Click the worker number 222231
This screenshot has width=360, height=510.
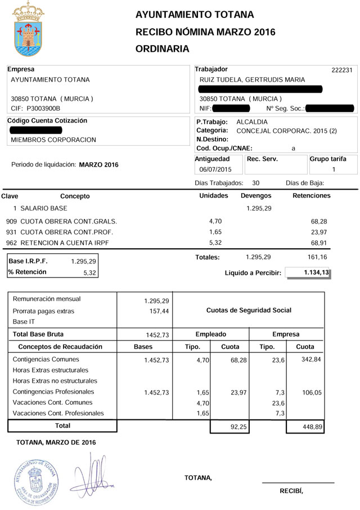point(342,70)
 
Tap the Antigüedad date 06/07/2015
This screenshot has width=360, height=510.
point(215,169)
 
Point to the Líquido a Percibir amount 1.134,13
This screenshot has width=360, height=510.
point(309,273)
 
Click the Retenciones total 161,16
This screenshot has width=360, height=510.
point(317,257)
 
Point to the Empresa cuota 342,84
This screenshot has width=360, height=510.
point(310,359)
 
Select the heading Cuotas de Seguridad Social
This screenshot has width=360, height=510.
point(249,310)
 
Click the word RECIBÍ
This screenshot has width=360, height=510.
point(291,490)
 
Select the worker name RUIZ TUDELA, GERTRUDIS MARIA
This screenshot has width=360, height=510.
point(253,80)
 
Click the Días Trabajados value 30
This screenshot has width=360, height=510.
point(256,183)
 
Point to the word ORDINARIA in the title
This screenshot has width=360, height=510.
point(163,49)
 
